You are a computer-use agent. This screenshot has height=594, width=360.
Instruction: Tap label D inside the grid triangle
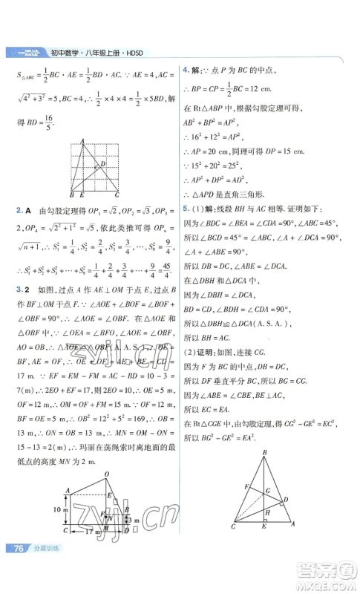click(x=102, y=164)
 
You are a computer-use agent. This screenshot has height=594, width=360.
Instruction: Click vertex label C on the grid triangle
click(x=117, y=194)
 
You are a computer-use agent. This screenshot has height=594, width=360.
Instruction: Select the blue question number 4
click(x=186, y=68)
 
